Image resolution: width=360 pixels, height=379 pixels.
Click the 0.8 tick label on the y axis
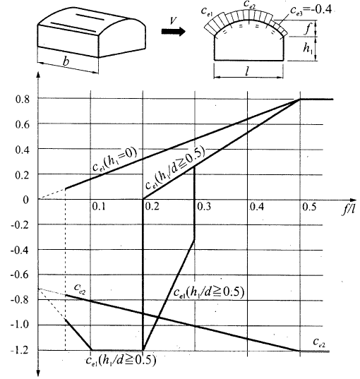pos(23,100)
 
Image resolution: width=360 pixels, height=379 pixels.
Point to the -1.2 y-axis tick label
pos(20,350)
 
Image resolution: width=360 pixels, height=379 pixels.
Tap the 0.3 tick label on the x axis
pos(204,207)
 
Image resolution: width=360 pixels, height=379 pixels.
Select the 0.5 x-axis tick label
pos(309,207)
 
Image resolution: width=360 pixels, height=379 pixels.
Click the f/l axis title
pos(349,208)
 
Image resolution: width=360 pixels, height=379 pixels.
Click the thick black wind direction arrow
pos(174,32)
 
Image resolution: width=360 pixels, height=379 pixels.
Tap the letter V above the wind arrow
pos(173,20)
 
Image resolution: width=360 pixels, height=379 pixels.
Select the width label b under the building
pos(66,61)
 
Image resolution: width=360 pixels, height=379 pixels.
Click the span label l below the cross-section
pos(247,71)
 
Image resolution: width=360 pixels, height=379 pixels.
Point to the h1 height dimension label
pos(308,48)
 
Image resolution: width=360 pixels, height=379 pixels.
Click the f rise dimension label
pos(307,28)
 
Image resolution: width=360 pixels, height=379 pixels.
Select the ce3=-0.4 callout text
pos(311,11)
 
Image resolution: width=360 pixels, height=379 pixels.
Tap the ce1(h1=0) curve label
pos(115,160)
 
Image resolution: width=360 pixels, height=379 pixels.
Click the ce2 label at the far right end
pos(319,342)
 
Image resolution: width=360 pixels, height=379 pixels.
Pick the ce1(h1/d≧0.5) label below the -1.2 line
pos(121,360)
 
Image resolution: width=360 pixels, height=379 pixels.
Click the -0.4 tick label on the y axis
pos(20,250)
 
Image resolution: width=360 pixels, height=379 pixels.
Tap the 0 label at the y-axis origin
pos(25,200)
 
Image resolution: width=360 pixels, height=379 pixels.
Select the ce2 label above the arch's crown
pos(249,4)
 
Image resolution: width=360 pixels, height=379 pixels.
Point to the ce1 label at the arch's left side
pos(207,11)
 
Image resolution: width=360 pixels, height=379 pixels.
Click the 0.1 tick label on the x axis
pos(99,207)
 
